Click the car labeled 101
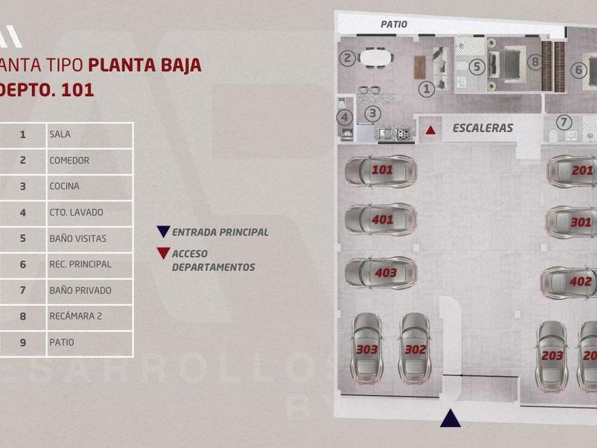381,171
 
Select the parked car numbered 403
381,273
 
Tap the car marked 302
414,348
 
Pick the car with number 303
367,348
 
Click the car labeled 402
573,282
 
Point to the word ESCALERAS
483,128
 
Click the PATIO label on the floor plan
394,24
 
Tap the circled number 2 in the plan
347,58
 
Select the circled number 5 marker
477,68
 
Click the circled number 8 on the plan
535,62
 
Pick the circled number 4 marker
345,117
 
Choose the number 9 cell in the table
23,342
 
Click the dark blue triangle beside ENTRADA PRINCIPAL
163,232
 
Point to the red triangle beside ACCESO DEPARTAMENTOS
163,253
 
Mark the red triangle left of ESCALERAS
431,129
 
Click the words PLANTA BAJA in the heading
145,65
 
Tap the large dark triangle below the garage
450,419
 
